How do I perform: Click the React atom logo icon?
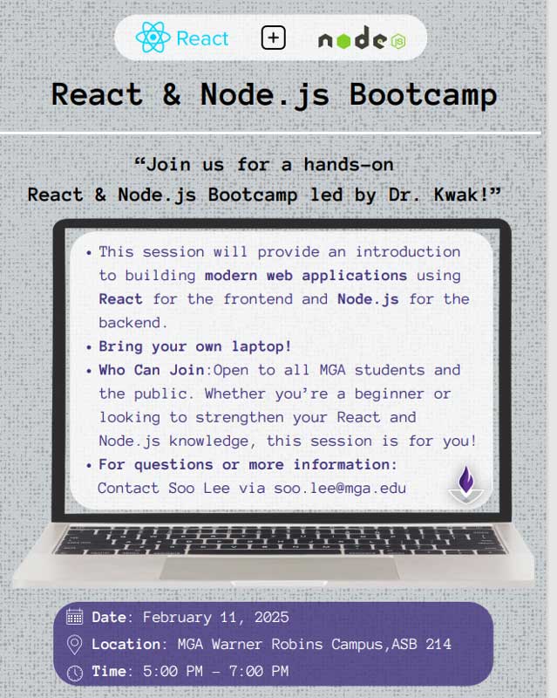tap(153, 38)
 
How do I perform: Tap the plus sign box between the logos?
tap(273, 38)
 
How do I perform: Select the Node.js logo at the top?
tap(362, 38)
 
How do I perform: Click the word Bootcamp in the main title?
tap(423, 95)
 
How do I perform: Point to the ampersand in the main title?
tap(171, 94)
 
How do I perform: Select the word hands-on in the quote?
tap(349, 165)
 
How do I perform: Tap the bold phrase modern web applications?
tap(306, 276)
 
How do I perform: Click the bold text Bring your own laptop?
tap(195, 346)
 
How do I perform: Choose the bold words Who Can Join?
tap(152, 370)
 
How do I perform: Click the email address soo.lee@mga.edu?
tap(340, 488)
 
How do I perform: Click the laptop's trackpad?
tap(280, 568)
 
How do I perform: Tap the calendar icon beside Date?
tap(74, 617)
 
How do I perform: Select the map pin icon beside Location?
tap(74, 645)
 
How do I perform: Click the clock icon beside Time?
tap(74, 672)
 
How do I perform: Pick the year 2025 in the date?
tap(271, 617)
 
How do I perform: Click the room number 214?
tap(438, 644)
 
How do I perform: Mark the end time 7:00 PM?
tap(259, 671)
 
